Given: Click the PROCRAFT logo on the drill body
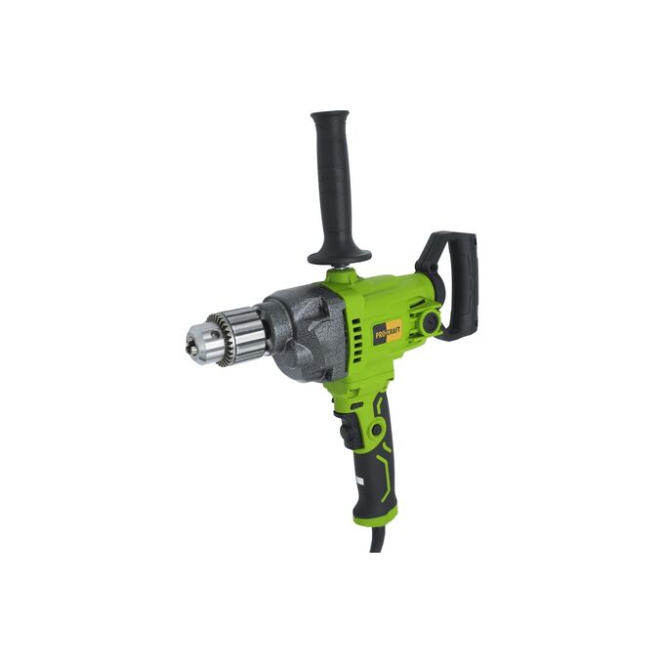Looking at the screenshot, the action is pos(388,331).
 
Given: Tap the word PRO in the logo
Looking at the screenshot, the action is pos(380,334).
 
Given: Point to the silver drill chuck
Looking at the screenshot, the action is pos(228,337).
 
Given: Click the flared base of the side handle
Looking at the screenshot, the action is pos(339,256).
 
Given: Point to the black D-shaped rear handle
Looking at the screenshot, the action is pos(453,280).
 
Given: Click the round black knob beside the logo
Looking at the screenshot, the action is pos(432,321).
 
